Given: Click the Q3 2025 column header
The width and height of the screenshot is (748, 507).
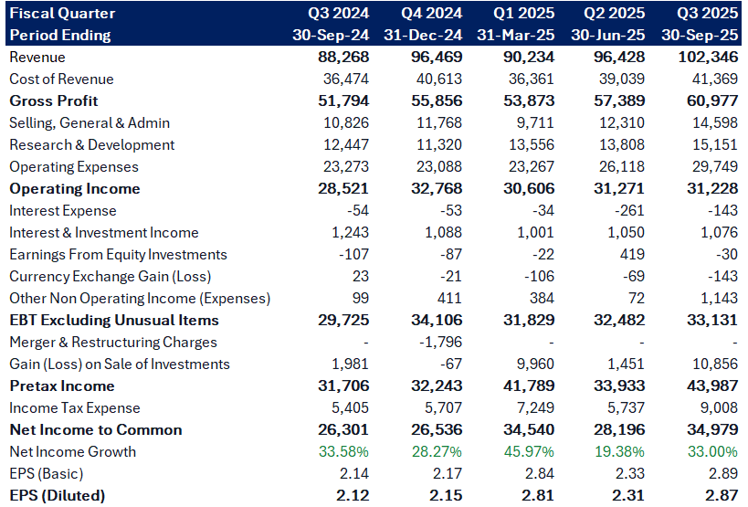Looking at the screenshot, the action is tap(707, 13).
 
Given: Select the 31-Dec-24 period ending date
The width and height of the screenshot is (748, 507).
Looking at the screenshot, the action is tap(423, 35).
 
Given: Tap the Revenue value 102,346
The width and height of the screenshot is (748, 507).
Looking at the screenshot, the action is tap(708, 57).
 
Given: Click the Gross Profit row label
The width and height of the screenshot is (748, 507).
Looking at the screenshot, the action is tap(53, 100).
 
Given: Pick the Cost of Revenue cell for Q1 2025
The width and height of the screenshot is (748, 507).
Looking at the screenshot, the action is tap(531, 79).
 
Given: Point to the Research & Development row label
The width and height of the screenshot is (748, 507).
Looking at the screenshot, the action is tap(92, 144).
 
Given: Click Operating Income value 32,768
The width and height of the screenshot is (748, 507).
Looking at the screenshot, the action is tap(437, 188).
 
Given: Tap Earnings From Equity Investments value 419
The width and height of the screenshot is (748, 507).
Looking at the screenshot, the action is tap(632, 254).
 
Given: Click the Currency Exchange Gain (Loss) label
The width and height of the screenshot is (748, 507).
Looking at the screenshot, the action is tap(111, 276).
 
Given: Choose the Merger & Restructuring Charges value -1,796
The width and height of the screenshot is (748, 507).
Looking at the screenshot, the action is tap(440, 342).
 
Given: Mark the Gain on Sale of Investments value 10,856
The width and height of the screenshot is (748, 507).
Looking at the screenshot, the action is tap(715, 364).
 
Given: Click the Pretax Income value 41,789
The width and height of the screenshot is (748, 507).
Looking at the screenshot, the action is tap(529, 386).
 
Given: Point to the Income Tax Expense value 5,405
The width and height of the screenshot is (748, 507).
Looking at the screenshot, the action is tap(350, 407).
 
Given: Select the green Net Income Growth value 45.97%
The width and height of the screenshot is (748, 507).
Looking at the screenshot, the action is tap(529, 451).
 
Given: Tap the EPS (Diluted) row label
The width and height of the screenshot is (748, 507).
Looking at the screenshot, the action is tap(58, 495).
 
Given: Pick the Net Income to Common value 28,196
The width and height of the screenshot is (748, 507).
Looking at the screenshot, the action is tap(619, 429).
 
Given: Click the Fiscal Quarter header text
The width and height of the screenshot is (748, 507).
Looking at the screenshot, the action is tap(62, 13).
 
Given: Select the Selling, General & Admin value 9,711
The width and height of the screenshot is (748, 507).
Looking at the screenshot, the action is tap(535, 122).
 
